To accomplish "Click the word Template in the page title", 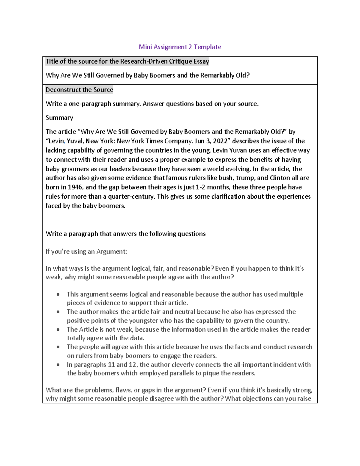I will pos(207,47).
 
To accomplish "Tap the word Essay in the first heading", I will pos(201,62).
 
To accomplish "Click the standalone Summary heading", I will pos(59,118).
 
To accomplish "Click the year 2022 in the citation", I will pos(220,141).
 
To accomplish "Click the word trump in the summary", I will pos(245,178).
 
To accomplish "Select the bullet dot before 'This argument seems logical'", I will pos(58,294).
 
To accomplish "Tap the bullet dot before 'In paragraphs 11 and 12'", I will pos(58,365).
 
